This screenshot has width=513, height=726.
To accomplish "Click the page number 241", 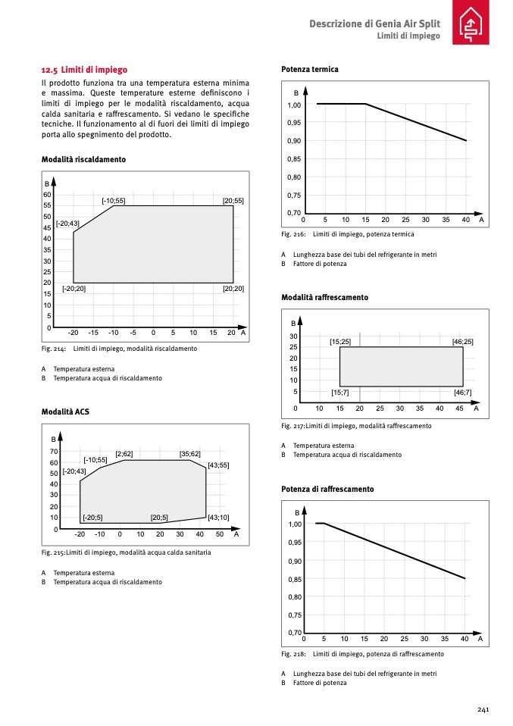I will pos(483,709).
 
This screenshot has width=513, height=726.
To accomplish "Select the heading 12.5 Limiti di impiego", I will pos(84,69).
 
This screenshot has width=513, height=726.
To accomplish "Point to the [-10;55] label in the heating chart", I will pos(114,200).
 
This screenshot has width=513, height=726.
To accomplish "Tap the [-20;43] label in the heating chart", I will pos(67,224).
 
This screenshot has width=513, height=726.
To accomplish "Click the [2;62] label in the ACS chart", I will pos(124,454).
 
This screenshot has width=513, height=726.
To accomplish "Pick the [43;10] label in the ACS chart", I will pos(218,518).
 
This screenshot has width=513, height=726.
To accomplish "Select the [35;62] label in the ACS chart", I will pos(189,454).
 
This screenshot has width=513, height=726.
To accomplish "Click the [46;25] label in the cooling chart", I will pos(462,342).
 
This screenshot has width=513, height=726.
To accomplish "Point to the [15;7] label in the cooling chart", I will pos(340,393).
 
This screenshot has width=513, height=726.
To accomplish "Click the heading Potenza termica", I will pos(309,69).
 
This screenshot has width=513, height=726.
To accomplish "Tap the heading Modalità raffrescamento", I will pos(324,298).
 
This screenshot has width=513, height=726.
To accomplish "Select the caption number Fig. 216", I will pos(293,234).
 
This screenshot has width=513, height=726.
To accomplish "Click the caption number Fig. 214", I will pos(54,349).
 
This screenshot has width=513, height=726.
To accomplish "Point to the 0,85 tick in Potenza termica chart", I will pos(294,159).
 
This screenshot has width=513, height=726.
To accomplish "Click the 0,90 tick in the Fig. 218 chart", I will pos(294,561).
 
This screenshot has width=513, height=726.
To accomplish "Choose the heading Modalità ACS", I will pos(66,412).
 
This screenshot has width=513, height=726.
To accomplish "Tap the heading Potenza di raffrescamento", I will pos(327,490).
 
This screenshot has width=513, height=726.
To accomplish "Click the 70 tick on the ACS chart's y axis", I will pos(54,452).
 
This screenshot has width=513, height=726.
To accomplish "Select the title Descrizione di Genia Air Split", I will pos(374,23).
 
